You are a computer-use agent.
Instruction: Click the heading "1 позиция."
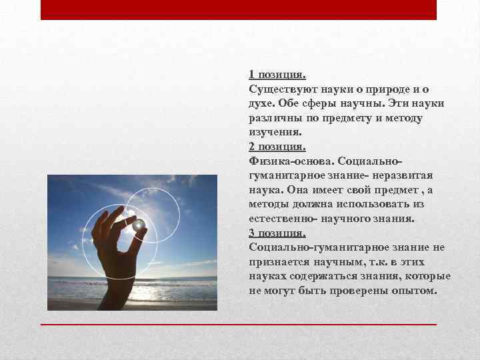pos(277,75)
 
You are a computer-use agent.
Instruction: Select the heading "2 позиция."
pos(277,147)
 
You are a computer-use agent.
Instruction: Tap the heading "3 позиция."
pos(277,233)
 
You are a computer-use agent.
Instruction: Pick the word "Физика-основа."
pos(291,161)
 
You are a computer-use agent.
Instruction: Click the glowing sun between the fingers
pos(139,225)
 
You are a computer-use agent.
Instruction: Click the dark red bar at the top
pos(239,9)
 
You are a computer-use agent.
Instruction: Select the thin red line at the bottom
pos(239,324)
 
